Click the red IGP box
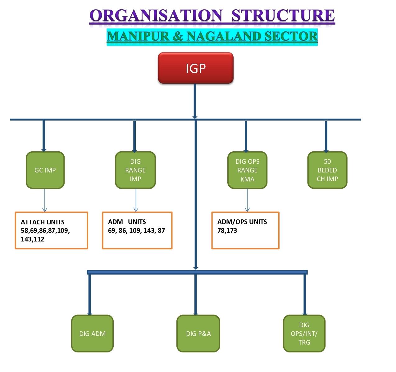click(x=195, y=68)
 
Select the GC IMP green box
click(x=45, y=170)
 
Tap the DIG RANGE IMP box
click(x=135, y=170)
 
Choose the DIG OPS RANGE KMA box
click(x=247, y=170)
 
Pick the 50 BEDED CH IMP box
click(x=327, y=170)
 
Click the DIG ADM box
click(x=92, y=333)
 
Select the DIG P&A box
click(x=198, y=333)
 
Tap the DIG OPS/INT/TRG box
click(x=304, y=333)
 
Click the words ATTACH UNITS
click(x=43, y=222)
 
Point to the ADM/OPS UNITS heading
click(x=242, y=222)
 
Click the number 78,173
click(x=227, y=231)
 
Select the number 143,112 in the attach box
click(x=32, y=239)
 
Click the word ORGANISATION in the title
click(x=156, y=16)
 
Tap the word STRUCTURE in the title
click(x=283, y=16)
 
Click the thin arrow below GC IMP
click(x=45, y=200)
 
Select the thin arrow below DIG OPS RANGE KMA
click(x=247, y=200)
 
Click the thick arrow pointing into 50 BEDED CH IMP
click(x=326, y=137)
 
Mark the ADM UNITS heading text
click(x=127, y=222)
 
